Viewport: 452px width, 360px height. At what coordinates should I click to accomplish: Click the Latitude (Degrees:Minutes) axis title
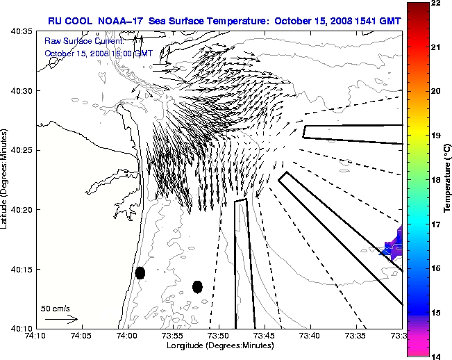pyautogui.click(x=6, y=179)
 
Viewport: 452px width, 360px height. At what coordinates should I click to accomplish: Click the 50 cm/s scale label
pyautogui.click(x=55, y=308)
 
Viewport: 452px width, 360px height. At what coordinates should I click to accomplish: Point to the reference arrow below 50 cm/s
pyautogui.click(x=61, y=320)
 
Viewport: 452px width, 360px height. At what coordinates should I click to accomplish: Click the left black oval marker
pyautogui.click(x=140, y=272)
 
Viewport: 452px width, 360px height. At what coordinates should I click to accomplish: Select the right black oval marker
pyautogui.click(x=197, y=286)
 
